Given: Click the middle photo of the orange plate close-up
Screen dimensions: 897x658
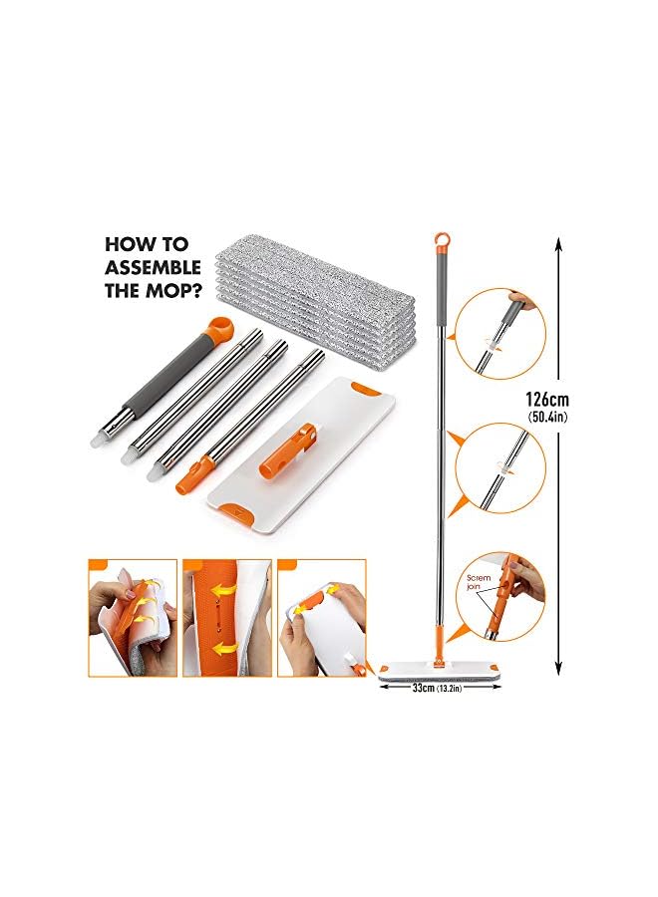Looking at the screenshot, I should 224,618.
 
